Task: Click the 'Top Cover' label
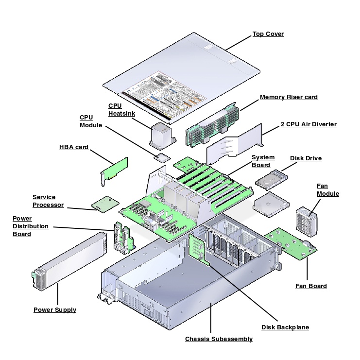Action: pyautogui.click(x=268, y=34)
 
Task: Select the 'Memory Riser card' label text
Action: pyautogui.click(x=289, y=97)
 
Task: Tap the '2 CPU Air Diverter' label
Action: pyautogui.click(x=309, y=124)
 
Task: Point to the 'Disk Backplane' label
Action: pyautogui.click(x=285, y=327)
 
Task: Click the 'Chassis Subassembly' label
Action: pyautogui.click(x=219, y=339)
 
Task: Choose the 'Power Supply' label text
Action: pyautogui.click(x=55, y=309)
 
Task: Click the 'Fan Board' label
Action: pyautogui.click(x=311, y=286)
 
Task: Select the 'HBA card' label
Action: pyautogui.click(x=74, y=147)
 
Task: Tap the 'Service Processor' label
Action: pyautogui.click(x=48, y=201)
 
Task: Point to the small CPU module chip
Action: pyautogui.click(x=161, y=156)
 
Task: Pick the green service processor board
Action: pyautogui.click(x=105, y=204)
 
